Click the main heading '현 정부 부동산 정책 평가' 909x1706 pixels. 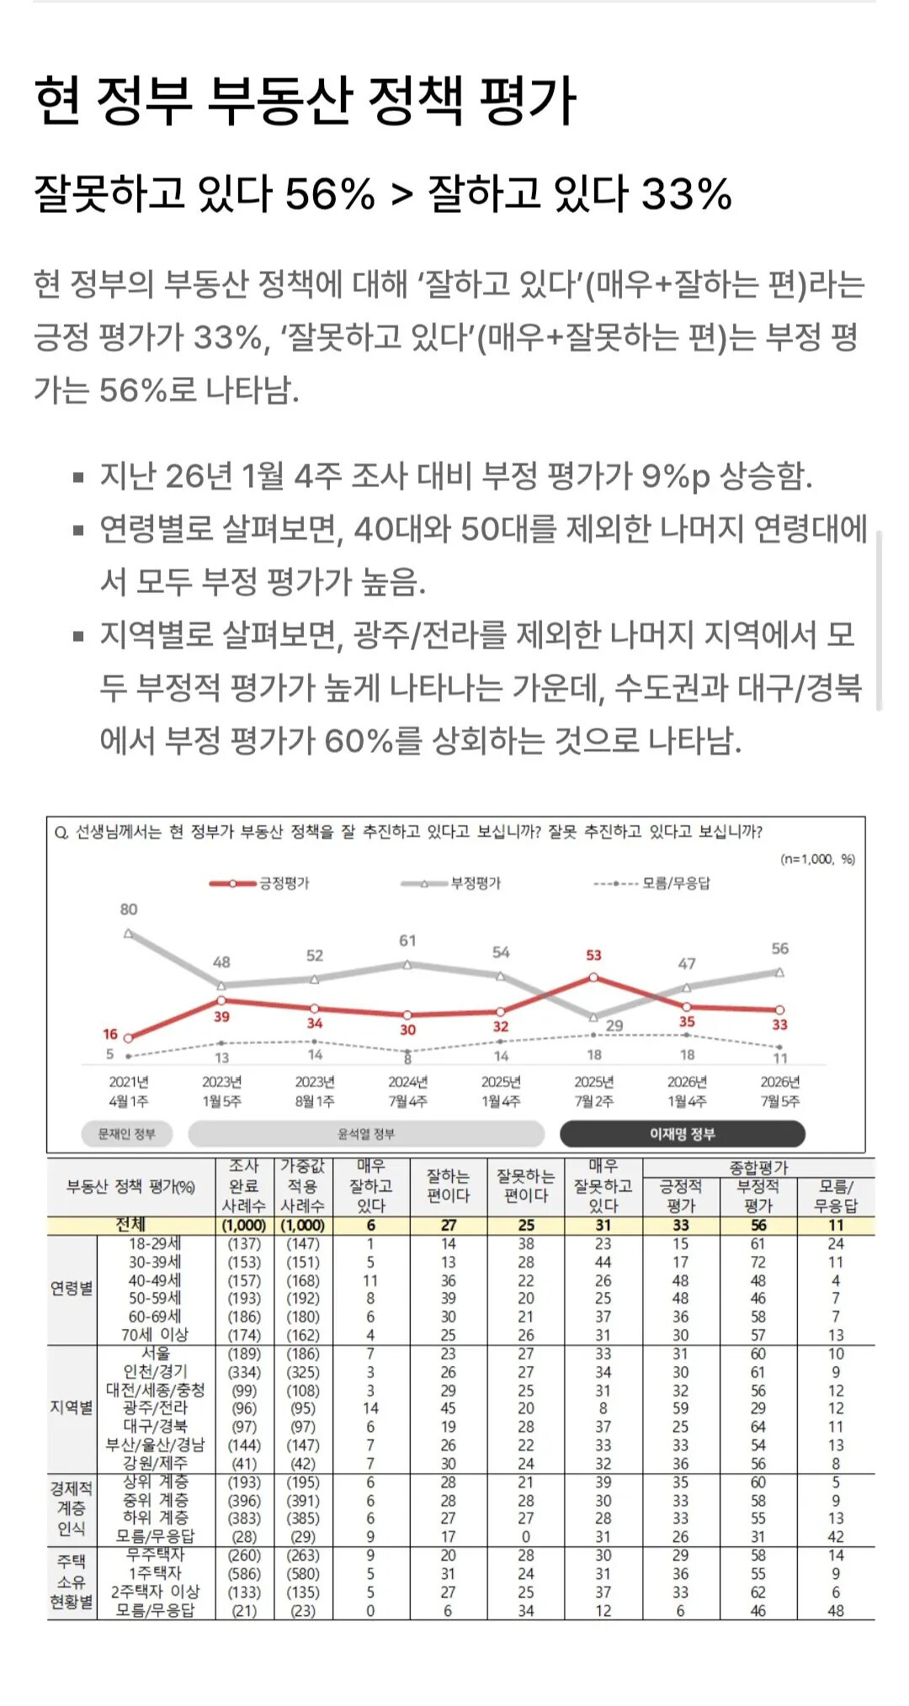pyautogui.click(x=305, y=100)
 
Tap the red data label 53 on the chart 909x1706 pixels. pyautogui.click(x=593, y=955)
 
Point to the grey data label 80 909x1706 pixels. pyautogui.click(x=128, y=909)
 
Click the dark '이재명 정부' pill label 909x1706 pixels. pyautogui.click(x=683, y=1134)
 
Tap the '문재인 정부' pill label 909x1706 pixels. pyautogui.click(x=127, y=1134)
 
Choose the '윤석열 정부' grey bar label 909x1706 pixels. pyautogui.click(x=366, y=1134)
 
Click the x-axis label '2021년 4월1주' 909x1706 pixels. pyautogui.click(x=129, y=1091)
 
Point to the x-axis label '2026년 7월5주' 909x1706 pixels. pyautogui.click(x=780, y=1091)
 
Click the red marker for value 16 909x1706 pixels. pyautogui.click(x=128, y=1038)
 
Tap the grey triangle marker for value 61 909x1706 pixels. pyautogui.click(x=407, y=965)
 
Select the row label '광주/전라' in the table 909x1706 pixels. pyautogui.click(x=156, y=1407)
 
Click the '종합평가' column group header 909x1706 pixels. pyautogui.click(x=758, y=1167)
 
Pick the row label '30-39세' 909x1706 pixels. pyautogui.click(x=155, y=1262)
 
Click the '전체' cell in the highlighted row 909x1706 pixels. pyautogui.click(x=130, y=1225)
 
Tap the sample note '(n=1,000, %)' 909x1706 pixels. pyautogui.click(x=817, y=859)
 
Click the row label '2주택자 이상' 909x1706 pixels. pyautogui.click(x=156, y=1592)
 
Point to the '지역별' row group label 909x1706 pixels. pyautogui.click(x=72, y=1407)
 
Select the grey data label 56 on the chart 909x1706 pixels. pyautogui.click(x=780, y=948)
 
